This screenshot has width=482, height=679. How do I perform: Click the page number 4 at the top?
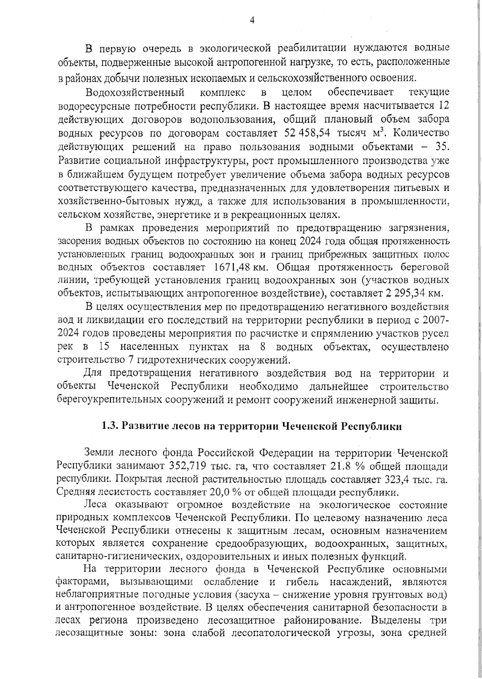click(252, 20)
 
